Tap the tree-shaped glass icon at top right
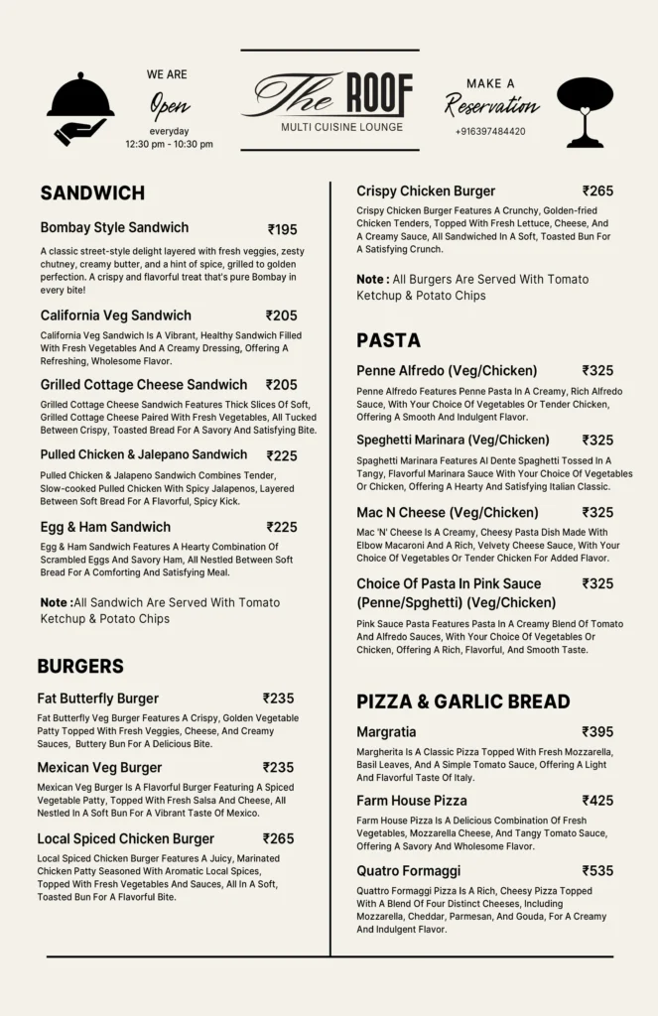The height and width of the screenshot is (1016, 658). [x=585, y=110]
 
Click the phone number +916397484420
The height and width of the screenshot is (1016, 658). [x=490, y=131]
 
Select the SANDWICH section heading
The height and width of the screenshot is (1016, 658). [x=92, y=192]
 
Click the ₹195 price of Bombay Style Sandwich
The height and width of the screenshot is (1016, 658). [x=282, y=229]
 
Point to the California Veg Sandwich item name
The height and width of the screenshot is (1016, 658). [x=116, y=316]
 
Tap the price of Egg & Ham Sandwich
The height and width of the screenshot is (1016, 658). [x=282, y=527]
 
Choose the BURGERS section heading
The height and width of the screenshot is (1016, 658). [x=80, y=666]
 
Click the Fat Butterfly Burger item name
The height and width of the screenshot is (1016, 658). [x=98, y=698]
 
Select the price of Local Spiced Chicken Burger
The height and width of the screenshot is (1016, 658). [x=279, y=838]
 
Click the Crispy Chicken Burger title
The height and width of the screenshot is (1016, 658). [x=426, y=190]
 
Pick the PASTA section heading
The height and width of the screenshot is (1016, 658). [x=388, y=340]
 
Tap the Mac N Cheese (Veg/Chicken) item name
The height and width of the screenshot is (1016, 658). [x=448, y=513]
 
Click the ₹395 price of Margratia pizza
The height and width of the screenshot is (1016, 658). [x=597, y=731]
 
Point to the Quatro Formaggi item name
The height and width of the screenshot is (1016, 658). [x=409, y=871]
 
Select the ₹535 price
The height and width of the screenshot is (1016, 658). [x=597, y=870]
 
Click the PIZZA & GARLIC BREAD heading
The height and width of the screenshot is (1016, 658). [x=462, y=701]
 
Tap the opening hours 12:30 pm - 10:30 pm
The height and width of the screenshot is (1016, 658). [x=169, y=145]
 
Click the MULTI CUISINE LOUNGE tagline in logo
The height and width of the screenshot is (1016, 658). [x=341, y=127]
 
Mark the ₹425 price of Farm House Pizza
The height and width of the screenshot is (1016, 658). [x=597, y=800]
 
